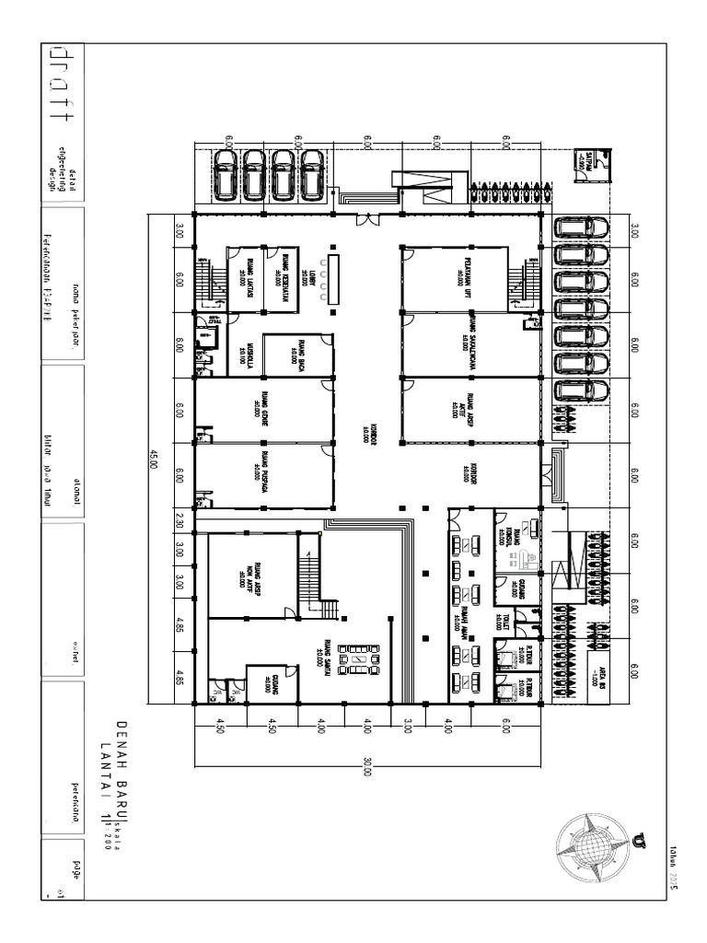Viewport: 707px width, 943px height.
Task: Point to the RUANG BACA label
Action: coord(296,352)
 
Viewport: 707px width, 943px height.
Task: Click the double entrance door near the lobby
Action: coord(368,219)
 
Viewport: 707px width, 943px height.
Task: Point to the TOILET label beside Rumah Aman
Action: coord(503,620)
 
